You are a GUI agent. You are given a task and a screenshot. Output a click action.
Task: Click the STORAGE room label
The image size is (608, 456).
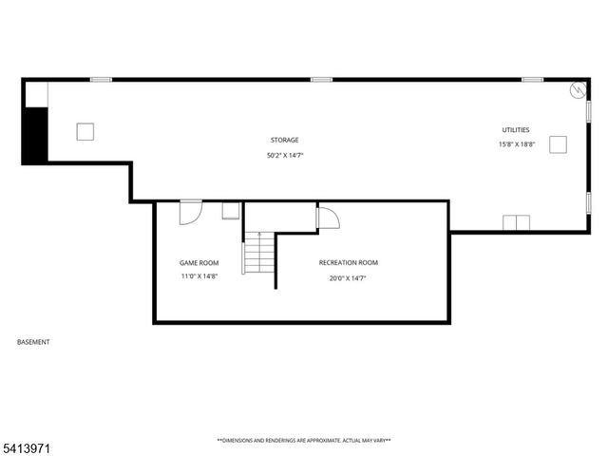coord(284,140)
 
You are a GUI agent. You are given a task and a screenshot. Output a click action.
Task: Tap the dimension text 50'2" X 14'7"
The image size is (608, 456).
coord(284,155)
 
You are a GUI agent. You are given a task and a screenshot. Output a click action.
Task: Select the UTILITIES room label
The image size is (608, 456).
coord(516,129)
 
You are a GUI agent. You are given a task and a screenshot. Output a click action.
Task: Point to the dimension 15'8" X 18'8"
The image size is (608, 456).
coord(517,144)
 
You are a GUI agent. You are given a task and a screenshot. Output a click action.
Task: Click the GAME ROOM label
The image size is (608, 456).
coord(199,262)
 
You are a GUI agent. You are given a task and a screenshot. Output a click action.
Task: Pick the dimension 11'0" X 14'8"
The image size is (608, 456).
coord(199,276)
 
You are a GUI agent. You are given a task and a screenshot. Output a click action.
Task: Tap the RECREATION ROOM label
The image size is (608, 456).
coord(348,262)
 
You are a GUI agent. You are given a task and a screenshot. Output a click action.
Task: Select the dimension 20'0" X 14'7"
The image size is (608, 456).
coord(348,278)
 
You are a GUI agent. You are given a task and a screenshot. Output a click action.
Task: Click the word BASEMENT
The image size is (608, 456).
coord(33,342)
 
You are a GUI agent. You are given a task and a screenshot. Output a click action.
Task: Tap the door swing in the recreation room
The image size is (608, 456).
coord(327,219)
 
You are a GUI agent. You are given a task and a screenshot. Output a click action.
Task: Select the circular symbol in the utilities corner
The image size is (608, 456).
coord(578,90)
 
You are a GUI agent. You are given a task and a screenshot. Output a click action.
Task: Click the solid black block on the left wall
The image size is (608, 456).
coord(35,134)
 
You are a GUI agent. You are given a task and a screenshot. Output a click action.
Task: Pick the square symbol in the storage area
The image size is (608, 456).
coord(85,132)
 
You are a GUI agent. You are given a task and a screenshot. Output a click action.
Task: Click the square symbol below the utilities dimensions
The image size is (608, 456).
coord(558,144)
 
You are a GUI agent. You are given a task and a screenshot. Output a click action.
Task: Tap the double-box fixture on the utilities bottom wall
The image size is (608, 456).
coord(516,223)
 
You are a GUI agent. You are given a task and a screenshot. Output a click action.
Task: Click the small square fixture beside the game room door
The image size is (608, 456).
coord(231,211)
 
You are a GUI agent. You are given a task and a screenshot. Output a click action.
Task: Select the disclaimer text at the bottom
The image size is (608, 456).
coord(304,441)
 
